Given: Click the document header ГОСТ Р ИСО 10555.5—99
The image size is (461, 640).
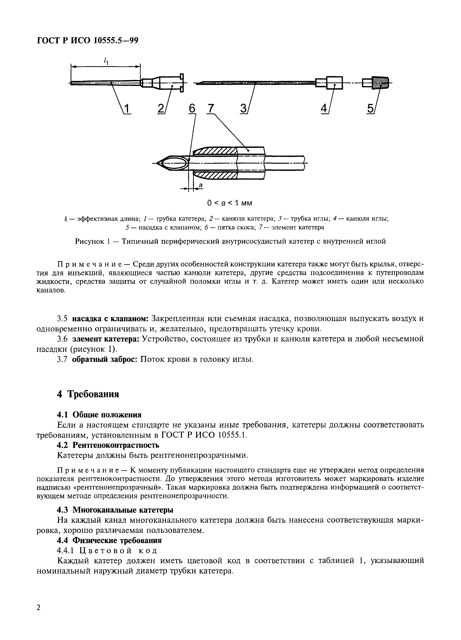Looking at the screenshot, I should (87, 41).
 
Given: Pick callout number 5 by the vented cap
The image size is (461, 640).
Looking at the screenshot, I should (370, 109).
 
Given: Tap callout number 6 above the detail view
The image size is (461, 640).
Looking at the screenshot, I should (192, 108).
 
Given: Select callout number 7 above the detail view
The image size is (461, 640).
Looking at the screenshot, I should (210, 108).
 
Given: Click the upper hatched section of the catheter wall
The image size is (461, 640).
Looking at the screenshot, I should (216, 152).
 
